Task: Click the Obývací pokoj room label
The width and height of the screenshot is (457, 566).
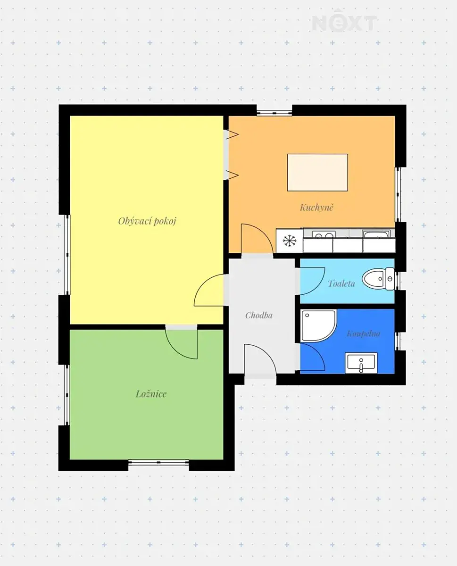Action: click(x=147, y=221)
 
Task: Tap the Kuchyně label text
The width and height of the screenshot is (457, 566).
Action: click(x=316, y=207)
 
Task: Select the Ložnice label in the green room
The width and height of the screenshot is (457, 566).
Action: click(x=151, y=394)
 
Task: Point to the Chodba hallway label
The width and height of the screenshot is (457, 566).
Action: click(x=259, y=315)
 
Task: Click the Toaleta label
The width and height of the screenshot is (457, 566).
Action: click(x=341, y=283)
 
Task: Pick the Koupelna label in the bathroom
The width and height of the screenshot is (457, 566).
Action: click(x=364, y=333)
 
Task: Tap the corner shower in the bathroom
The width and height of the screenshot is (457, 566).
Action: click(x=318, y=326)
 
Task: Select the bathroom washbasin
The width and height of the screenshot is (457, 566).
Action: click(x=361, y=363)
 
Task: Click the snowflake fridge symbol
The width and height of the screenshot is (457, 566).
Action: click(x=290, y=241)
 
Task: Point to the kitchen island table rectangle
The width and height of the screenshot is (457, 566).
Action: click(x=317, y=172)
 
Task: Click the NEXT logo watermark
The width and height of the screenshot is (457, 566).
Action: click(x=345, y=23)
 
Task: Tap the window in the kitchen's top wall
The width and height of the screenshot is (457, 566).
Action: click(x=274, y=113)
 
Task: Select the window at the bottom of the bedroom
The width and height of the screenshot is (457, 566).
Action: click(x=158, y=463)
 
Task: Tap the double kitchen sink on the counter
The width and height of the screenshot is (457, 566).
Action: click(x=323, y=234)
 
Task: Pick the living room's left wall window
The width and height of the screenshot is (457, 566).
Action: click(x=67, y=255)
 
